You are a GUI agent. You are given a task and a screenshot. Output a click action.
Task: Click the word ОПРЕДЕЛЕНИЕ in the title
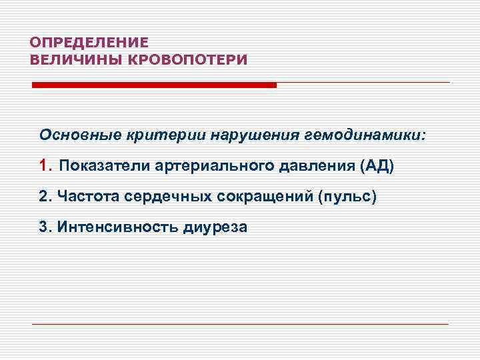[x=89, y=41]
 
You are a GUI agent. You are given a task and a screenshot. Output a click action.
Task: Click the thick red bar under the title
[x=154, y=85]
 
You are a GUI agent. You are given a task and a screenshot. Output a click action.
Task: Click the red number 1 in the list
[x=44, y=165]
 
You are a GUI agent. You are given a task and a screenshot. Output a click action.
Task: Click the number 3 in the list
[x=43, y=227]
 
